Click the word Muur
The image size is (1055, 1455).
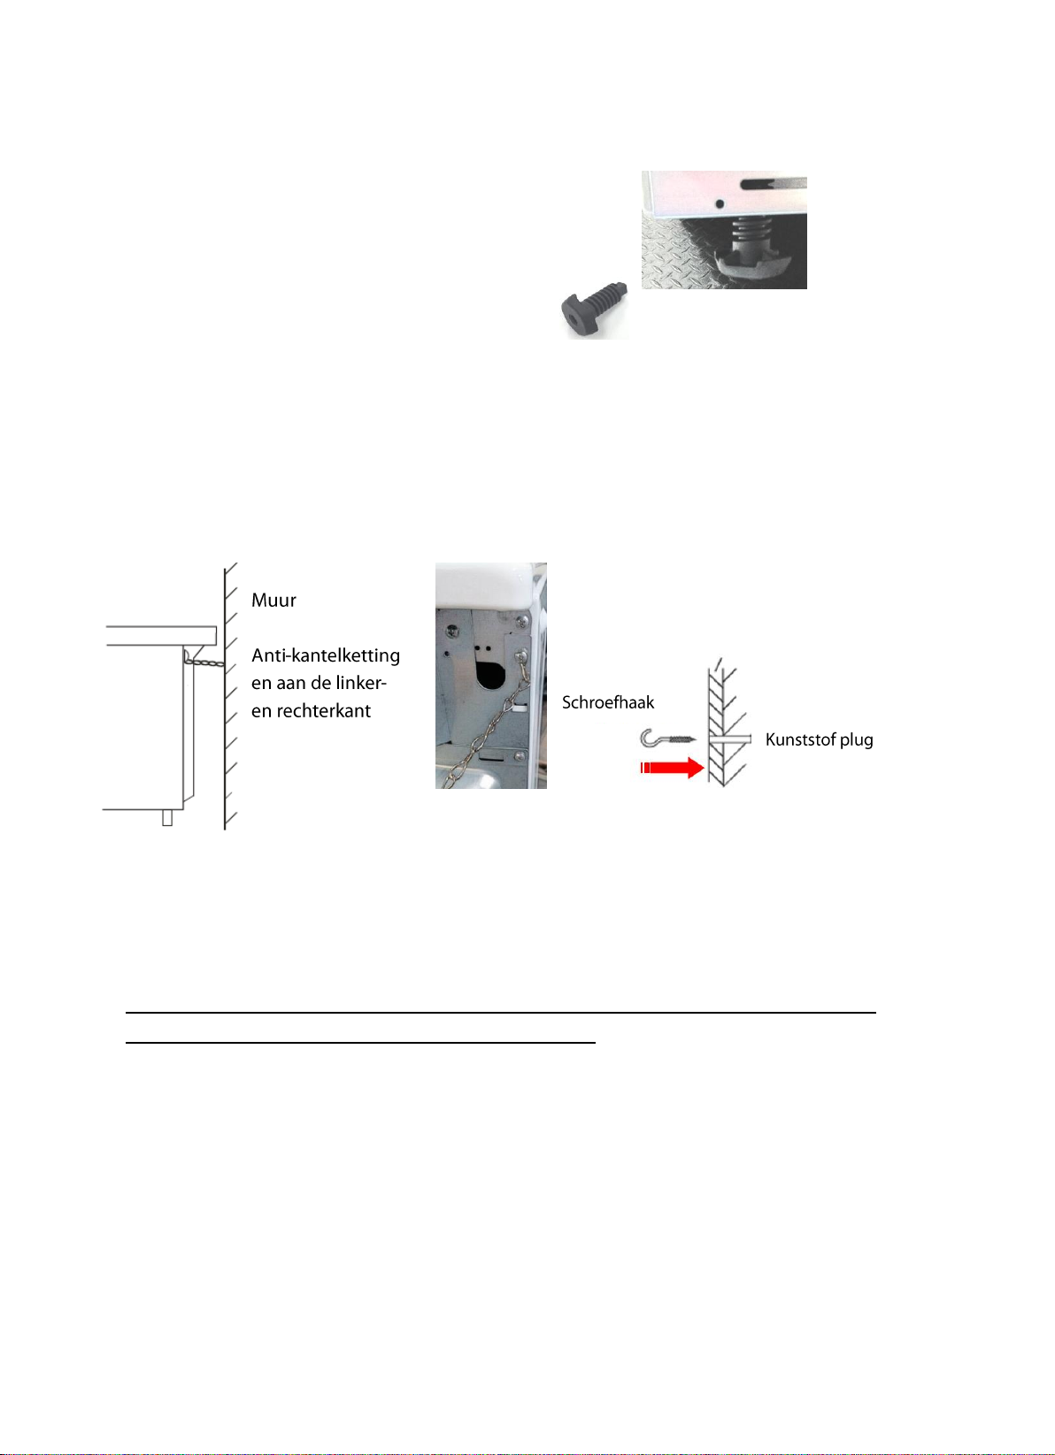273,601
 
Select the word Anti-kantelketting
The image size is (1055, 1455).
325,655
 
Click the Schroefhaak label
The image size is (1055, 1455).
608,702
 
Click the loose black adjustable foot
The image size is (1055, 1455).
593,305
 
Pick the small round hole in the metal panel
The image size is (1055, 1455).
719,204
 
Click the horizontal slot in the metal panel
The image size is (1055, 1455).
774,184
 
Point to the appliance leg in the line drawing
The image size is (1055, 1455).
166,817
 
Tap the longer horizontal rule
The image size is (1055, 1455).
500,1012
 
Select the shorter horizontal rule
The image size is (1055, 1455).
361,1042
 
